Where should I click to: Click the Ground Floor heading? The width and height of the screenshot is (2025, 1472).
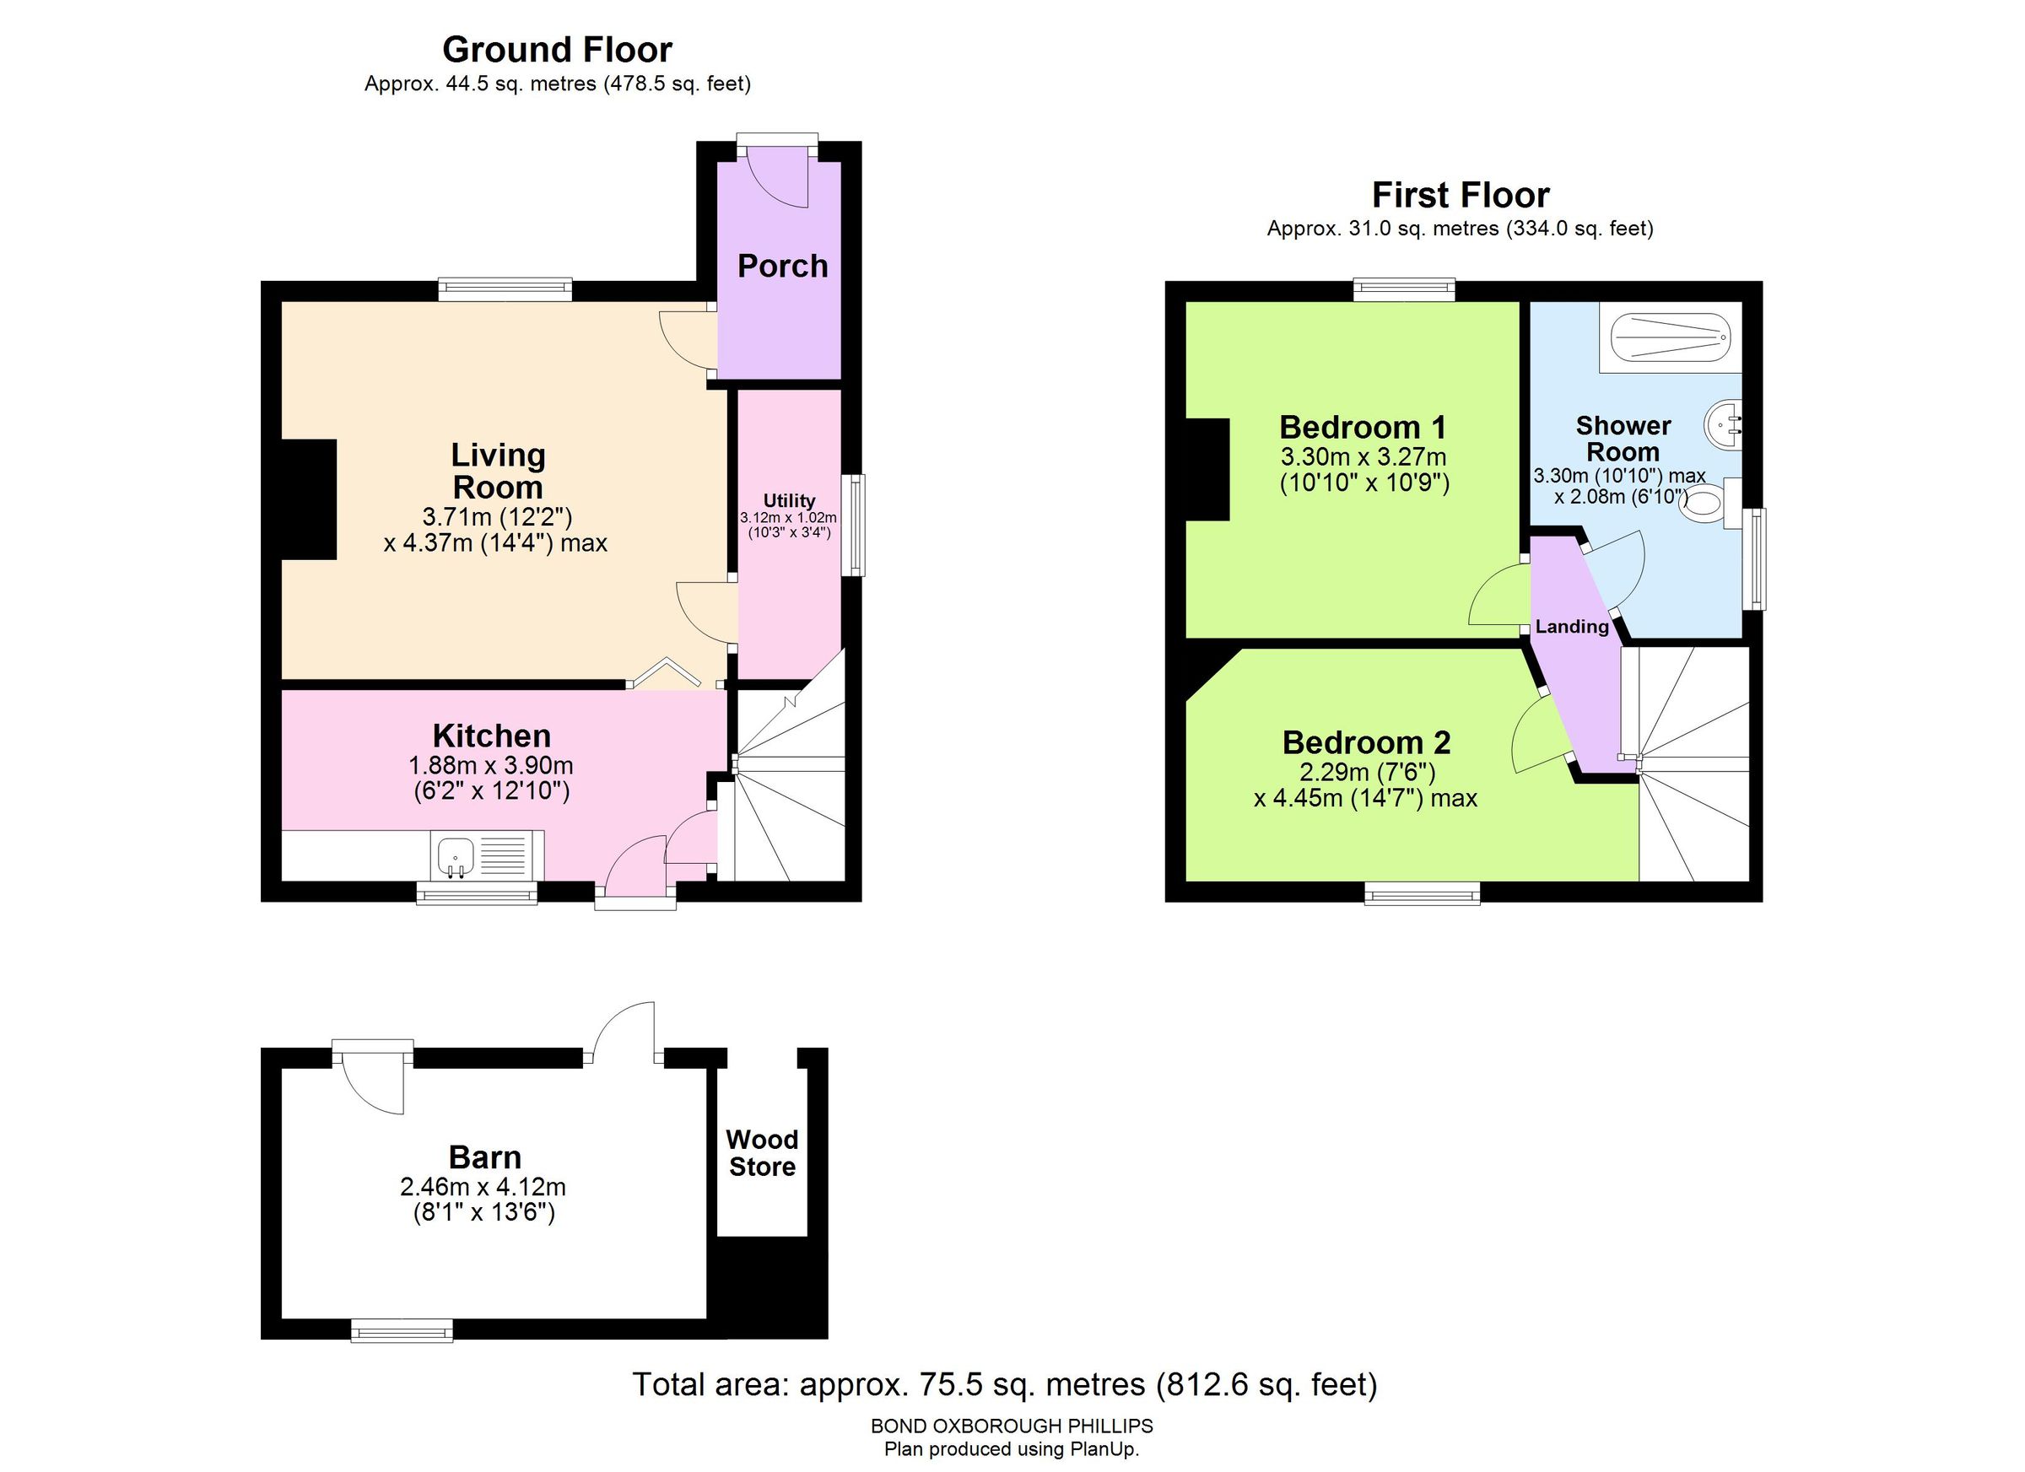(557, 49)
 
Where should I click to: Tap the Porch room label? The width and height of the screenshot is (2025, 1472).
(782, 266)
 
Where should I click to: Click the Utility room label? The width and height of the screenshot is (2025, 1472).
(788, 500)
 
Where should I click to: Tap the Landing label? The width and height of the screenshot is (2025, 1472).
(1571, 627)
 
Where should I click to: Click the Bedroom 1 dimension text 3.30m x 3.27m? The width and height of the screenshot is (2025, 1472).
(1363, 457)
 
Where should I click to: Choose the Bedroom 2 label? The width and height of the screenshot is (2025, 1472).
(1366, 742)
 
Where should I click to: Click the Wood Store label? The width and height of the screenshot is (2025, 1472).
(762, 1153)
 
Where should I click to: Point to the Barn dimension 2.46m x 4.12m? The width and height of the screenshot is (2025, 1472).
(483, 1187)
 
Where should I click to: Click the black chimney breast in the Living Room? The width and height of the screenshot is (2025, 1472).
(309, 500)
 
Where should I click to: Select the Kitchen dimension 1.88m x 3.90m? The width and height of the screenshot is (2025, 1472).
(490, 766)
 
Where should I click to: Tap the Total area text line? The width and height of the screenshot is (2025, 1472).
(1004, 1384)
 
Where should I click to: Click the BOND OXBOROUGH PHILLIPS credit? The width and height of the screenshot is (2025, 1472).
(1012, 1426)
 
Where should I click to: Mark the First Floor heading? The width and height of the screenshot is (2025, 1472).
(1460, 195)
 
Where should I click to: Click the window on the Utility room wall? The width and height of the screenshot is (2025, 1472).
(858, 525)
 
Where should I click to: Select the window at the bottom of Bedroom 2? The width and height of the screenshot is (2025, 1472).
(1422, 892)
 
